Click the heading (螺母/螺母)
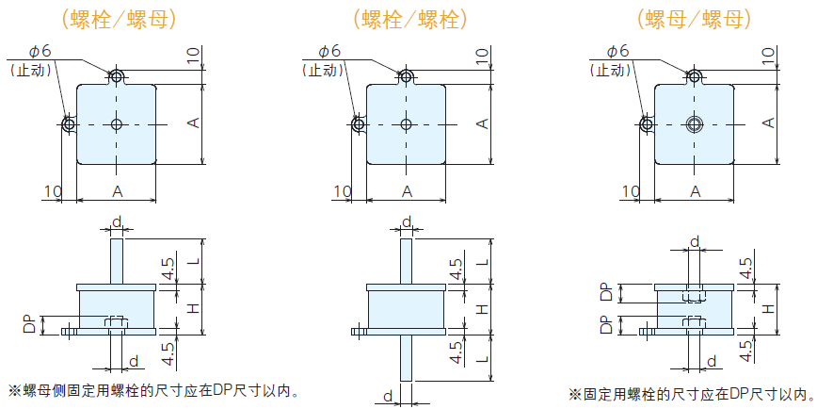694,18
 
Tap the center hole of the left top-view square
116,124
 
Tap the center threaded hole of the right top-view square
695,124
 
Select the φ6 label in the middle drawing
329,50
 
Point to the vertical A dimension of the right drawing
768,123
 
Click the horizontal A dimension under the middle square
407,191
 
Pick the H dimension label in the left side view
193,308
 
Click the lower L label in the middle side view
482,359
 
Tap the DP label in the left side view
29,323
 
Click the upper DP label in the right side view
606,292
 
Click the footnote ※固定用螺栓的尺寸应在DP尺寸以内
688,395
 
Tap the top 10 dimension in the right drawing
768,57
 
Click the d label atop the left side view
117,221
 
